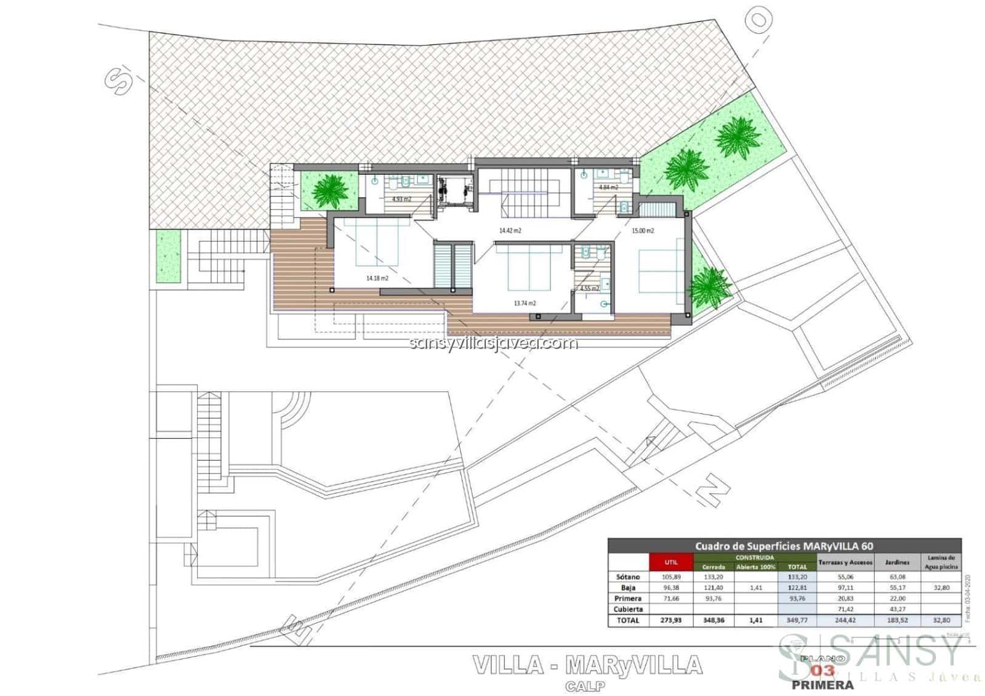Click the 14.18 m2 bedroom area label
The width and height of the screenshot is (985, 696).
[377, 278]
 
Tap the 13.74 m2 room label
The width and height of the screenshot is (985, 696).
[525, 303]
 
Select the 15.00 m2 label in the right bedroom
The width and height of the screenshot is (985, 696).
[643, 231]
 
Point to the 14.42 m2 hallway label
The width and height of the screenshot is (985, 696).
[510, 230]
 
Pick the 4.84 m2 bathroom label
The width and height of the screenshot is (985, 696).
[608, 187]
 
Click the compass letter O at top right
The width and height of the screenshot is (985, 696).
[760, 20]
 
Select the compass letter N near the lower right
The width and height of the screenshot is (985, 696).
[712, 491]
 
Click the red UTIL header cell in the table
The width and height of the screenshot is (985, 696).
[670, 562]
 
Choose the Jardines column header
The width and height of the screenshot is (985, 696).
[897, 562]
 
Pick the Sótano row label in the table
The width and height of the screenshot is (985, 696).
[628, 577]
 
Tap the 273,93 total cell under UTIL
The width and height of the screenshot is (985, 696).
[670, 620]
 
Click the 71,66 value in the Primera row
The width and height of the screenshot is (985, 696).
[670, 598]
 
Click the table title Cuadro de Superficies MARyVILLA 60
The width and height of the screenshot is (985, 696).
[784, 546]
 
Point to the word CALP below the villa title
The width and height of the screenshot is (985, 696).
[586, 685]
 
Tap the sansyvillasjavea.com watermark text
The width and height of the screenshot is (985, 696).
[493, 343]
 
